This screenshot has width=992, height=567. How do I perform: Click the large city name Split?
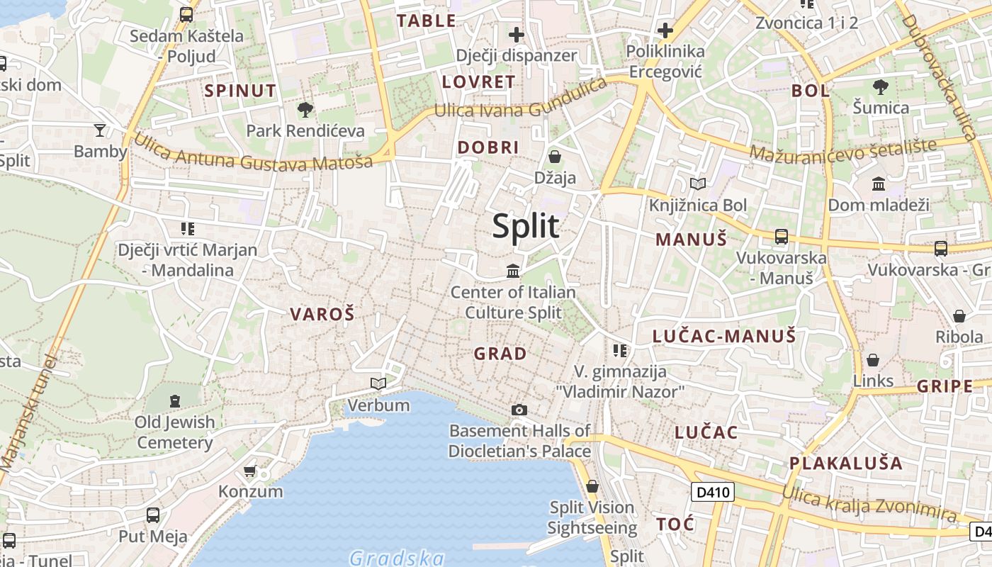(526, 226)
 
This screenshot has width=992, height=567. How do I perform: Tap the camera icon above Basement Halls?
(519, 410)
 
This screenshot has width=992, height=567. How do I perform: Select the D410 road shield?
(712, 492)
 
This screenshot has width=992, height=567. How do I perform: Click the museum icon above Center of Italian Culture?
(513, 271)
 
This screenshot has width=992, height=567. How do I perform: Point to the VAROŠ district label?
(322, 315)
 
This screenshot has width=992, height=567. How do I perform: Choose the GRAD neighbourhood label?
(500, 354)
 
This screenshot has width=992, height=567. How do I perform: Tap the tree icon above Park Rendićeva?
(305, 110)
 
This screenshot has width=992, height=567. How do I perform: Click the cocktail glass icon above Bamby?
(100, 130)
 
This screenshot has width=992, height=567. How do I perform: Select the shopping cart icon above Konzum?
(249, 471)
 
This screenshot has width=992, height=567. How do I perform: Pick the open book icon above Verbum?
(378, 384)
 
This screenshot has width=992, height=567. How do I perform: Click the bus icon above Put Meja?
(152, 515)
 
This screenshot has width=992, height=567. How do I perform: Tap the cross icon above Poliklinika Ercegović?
(665, 30)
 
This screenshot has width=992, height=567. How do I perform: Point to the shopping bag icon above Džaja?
(555, 157)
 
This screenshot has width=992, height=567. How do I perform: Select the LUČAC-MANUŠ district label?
(723, 336)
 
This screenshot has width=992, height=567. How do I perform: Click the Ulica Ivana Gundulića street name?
(521, 101)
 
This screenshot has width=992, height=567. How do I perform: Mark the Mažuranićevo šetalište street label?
(842, 151)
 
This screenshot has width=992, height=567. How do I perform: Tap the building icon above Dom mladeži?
(879, 184)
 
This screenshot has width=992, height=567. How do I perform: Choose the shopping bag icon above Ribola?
(959, 316)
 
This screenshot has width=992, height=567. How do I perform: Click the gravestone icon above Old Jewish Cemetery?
(175, 401)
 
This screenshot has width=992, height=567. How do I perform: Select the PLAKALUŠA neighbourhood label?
(846, 464)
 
